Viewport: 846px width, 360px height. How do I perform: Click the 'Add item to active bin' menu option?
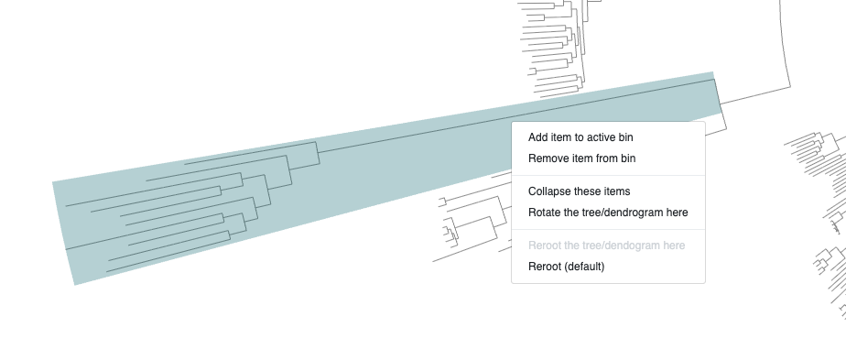tap(580, 137)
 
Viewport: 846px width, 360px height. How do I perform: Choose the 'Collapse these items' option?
tap(579, 191)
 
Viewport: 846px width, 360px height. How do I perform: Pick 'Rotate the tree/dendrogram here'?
tap(608, 213)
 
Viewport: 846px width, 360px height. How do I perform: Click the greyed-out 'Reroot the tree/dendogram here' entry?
tap(606, 245)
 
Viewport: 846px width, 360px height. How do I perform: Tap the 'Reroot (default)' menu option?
tap(566, 266)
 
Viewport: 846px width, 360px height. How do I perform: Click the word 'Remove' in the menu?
tap(546, 158)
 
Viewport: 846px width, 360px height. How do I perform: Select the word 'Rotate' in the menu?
tap(542, 213)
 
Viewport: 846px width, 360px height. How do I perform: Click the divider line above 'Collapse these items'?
tap(608, 175)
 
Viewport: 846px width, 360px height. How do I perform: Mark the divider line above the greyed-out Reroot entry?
tap(608, 229)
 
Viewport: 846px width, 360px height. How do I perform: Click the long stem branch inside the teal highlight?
tap(516, 116)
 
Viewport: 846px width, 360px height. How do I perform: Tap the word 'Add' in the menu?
tap(537, 137)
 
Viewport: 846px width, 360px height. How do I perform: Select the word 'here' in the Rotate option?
tap(678, 213)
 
